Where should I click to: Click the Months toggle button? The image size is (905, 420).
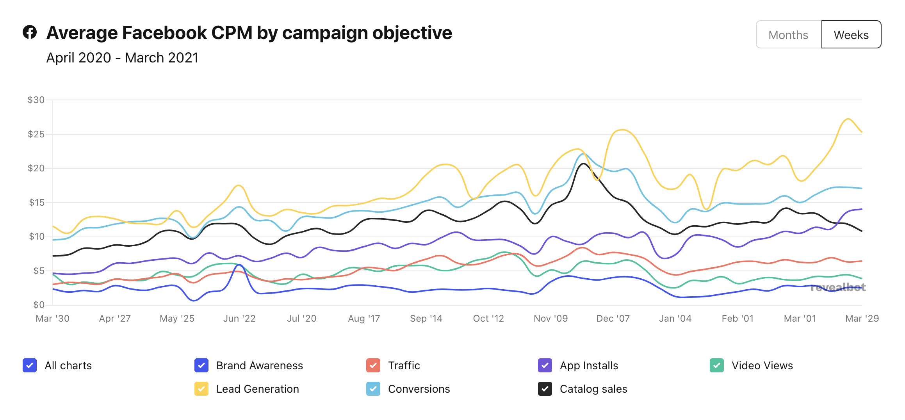(x=788, y=35)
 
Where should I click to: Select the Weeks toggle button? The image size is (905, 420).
(x=851, y=35)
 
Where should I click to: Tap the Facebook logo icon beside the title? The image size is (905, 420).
(x=30, y=32)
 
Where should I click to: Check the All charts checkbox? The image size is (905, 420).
(x=30, y=365)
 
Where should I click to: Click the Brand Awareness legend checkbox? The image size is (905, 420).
(x=201, y=365)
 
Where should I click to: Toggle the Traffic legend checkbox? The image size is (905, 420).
(x=373, y=365)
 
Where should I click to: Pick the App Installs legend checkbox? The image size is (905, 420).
(x=545, y=365)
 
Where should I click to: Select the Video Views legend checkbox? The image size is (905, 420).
(x=717, y=365)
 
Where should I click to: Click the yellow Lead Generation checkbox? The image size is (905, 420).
(x=201, y=389)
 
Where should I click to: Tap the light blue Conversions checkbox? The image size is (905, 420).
(x=373, y=389)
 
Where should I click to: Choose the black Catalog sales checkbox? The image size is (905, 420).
(x=545, y=389)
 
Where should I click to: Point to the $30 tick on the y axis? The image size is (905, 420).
(x=36, y=100)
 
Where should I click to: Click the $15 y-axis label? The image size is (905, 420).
(x=36, y=202)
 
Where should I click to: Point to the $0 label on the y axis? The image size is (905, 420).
(x=38, y=304)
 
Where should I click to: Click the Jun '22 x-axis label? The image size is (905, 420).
(x=239, y=319)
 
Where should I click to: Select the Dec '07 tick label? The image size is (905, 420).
(x=613, y=319)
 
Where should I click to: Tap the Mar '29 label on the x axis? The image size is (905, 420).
(x=862, y=319)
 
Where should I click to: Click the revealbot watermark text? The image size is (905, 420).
(x=838, y=288)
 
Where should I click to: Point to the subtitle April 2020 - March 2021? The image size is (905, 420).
(x=122, y=58)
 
